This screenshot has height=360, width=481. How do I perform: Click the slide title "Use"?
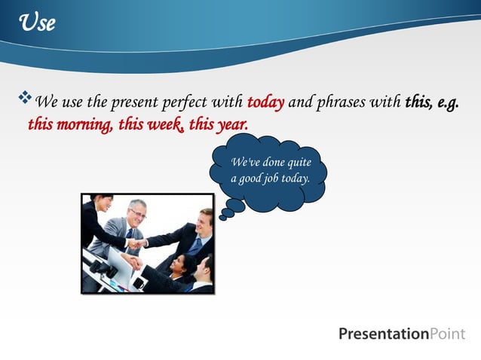[38, 23]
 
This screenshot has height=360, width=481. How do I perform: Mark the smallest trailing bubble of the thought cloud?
[222, 218]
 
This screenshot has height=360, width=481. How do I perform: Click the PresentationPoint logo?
[402, 334]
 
